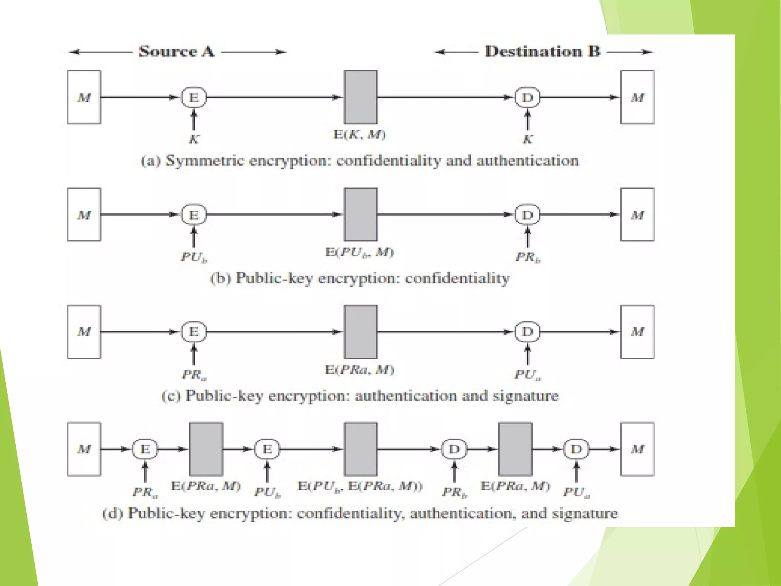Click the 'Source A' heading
(x=176, y=52)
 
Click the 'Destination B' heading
(x=542, y=52)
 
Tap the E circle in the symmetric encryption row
(x=194, y=98)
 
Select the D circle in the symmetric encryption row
(x=527, y=98)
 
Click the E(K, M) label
(x=360, y=134)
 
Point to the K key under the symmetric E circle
(x=194, y=139)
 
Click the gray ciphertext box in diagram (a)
(x=360, y=97)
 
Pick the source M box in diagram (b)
(x=84, y=214)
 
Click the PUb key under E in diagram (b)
(x=194, y=257)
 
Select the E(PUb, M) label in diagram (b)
(x=360, y=252)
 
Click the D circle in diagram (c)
(x=527, y=332)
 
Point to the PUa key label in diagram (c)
(x=528, y=375)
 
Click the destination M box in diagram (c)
(x=637, y=332)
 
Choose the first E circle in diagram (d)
(x=145, y=449)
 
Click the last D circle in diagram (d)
(x=576, y=449)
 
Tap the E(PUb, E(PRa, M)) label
(x=360, y=486)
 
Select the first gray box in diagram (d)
(x=206, y=449)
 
